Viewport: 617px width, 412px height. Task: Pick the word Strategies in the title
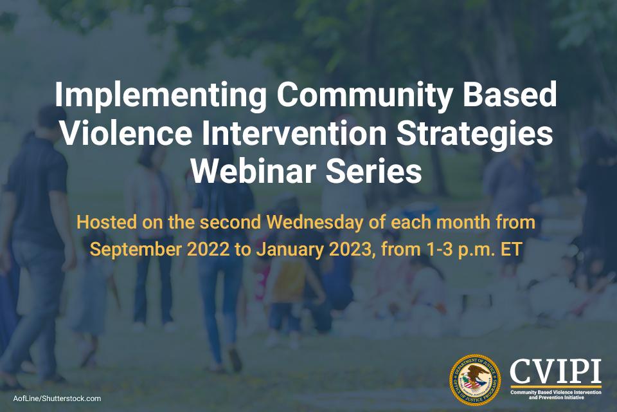click(x=474, y=135)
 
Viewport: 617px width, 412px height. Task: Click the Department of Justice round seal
click(x=475, y=380)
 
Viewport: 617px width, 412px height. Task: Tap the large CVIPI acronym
click(x=555, y=371)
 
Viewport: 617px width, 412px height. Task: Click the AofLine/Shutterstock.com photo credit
click(x=57, y=398)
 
